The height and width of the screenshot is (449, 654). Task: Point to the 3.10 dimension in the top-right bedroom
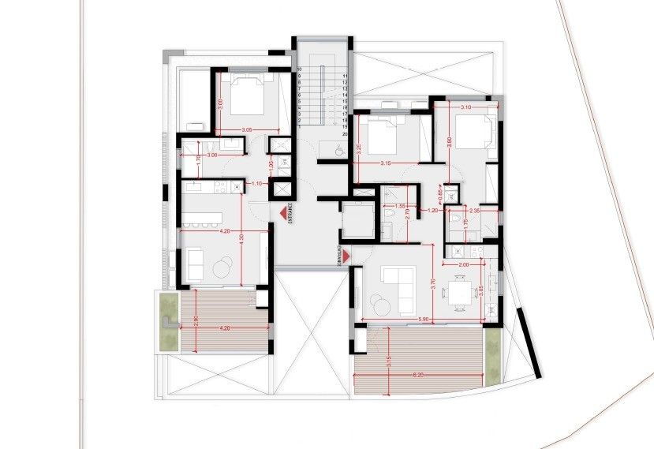[x=465, y=107]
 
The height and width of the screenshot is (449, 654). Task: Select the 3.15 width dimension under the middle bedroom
[x=385, y=163]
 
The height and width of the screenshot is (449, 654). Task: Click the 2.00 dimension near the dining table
[x=463, y=265]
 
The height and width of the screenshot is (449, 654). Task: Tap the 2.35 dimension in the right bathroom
[x=475, y=211]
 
